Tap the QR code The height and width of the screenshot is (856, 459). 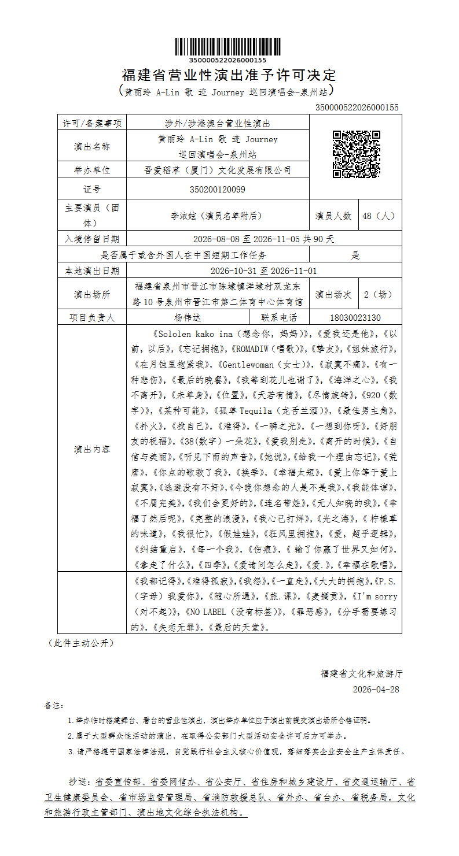[356, 154]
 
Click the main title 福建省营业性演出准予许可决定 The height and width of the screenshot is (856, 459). [229, 75]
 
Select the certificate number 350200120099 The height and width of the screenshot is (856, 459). [217, 189]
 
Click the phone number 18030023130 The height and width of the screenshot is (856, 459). [355, 317]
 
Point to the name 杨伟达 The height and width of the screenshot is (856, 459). [188, 317]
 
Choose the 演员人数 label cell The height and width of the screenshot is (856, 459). [333, 216]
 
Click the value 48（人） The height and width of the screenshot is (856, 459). [380, 216]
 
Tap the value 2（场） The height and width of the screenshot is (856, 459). [380, 294]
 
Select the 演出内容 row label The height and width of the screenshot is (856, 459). [92, 449]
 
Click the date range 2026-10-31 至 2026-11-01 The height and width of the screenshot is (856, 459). [263, 270]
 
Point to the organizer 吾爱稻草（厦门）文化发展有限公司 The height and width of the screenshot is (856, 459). [217, 170]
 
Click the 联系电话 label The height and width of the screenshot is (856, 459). [279, 317]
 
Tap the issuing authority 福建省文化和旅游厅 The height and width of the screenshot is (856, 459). [362, 673]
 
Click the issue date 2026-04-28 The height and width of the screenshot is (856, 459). [376, 690]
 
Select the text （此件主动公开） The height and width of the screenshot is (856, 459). [80, 643]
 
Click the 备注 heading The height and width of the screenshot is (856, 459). [54, 706]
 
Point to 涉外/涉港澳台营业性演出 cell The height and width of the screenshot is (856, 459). [217, 123]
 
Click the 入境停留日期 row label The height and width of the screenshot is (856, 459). [92, 239]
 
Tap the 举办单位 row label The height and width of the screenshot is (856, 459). [92, 170]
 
